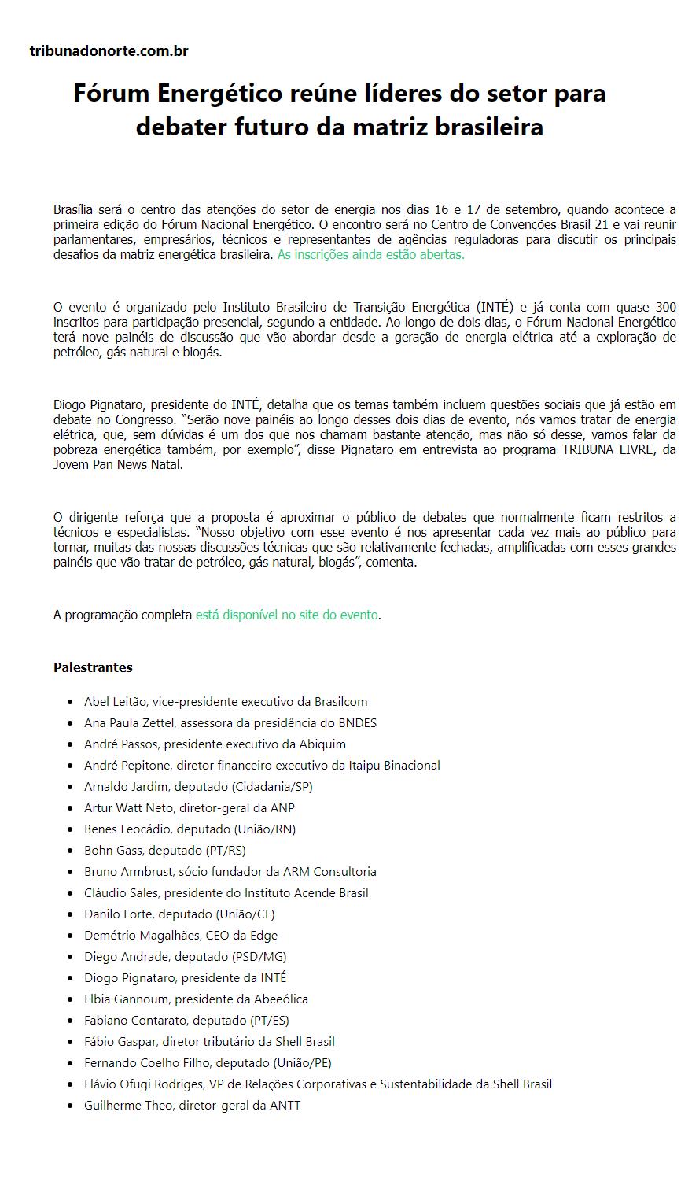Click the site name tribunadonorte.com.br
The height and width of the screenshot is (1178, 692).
click(x=109, y=51)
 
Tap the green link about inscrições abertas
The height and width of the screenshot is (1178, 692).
click(x=370, y=255)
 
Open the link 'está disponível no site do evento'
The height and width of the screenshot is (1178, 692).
click(x=286, y=615)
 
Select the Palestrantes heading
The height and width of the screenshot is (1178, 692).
click(x=93, y=667)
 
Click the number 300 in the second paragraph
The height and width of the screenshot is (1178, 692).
click(x=665, y=307)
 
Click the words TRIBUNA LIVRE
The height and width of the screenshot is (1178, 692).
click(x=610, y=450)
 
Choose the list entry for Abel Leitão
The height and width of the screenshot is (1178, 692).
click(x=226, y=702)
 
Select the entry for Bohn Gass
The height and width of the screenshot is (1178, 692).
click(x=164, y=851)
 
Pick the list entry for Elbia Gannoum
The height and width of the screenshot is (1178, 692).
click(x=196, y=999)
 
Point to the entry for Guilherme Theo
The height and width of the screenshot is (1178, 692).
click(x=192, y=1106)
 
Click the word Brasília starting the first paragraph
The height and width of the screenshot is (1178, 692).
click(x=73, y=210)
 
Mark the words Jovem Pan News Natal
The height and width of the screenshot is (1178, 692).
click(x=118, y=465)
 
